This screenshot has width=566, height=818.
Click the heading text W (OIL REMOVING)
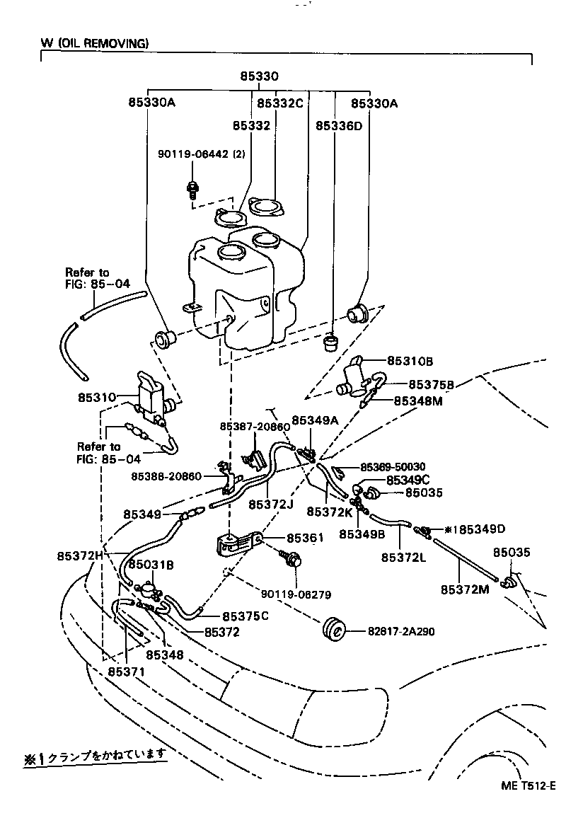[x=95, y=43]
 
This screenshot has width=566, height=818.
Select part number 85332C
[x=279, y=103]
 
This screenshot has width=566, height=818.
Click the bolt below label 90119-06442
[x=191, y=189]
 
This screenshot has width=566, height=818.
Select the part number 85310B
[x=409, y=360]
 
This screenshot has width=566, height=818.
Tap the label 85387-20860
[x=255, y=427]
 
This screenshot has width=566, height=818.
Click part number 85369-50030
[x=393, y=467]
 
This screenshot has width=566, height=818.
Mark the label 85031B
[x=150, y=565]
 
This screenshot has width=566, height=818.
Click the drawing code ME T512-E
[x=528, y=786]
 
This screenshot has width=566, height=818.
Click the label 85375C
[x=246, y=616]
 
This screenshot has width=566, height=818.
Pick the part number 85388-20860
[x=166, y=476]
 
